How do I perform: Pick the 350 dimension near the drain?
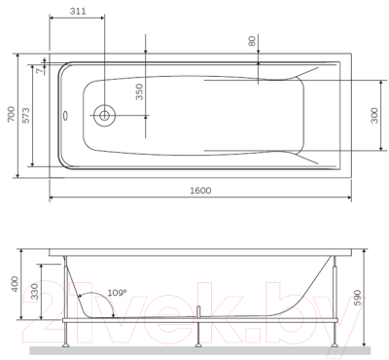(x=139, y=94)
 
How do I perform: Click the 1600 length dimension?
(x=200, y=190)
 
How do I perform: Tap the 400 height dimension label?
(x=12, y=285)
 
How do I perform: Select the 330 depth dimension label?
(x=35, y=292)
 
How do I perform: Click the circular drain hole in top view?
(x=103, y=116)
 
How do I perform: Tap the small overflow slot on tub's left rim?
(x=64, y=115)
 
